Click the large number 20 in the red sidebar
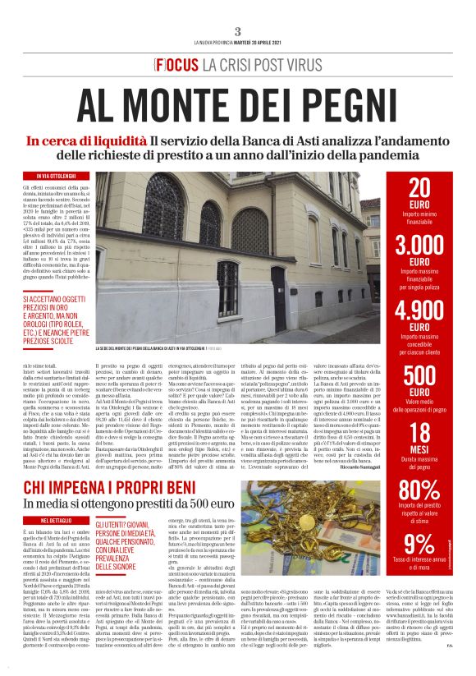419,189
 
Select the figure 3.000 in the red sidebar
419,245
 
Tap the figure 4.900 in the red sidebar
419,312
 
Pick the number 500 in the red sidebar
419,375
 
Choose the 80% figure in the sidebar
419,490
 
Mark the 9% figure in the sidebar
419,545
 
